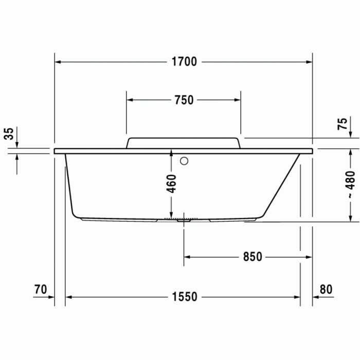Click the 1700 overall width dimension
pyautogui.click(x=184, y=62)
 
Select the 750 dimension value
pyautogui.click(x=184, y=100)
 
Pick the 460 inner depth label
pyautogui.click(x=172, y=184)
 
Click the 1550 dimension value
pyautogui.click(x=185, y=297)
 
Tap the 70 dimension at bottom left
pyautogui.click(x=41, y=290)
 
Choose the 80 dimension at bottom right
pyautogui.click(x=326, y=290)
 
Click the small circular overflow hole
pyautogui.click(x=184, y=160)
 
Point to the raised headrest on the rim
pyautogui.click(x=183, y=142)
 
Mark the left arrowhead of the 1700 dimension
pyautogui.click(x=58, y=62)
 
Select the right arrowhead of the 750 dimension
pyautogui.click(x=237, y=100)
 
